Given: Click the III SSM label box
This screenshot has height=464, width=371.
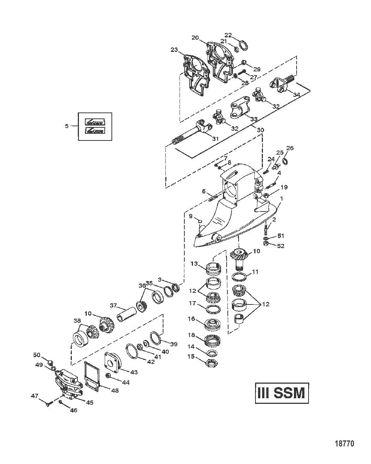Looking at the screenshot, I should pos(282,393).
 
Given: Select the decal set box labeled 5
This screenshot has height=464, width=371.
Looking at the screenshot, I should pos(95,126).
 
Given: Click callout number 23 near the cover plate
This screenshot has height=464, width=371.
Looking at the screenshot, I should pos(174,50).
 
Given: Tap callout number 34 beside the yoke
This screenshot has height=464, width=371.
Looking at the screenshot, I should pos(296,95).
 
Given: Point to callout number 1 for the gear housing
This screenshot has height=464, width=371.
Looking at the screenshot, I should pos(282,199).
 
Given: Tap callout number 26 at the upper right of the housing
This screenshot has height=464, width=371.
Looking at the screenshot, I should pos(290,148).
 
